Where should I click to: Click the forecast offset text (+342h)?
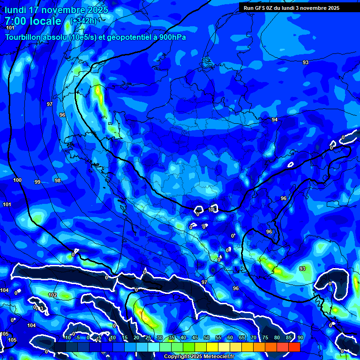(83, 21)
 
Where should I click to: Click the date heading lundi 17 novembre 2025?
(57, 10)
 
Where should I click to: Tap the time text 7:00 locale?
(33, 21)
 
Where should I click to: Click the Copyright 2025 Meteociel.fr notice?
(199, 356)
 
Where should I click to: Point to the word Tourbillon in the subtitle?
(23, 37)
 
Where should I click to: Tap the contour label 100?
(17, 180)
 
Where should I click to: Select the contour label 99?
(37, 182)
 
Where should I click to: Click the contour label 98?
(57, 180)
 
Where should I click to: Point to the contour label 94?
(275, 120)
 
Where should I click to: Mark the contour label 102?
(52, 295)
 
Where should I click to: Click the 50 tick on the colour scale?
(206, 337)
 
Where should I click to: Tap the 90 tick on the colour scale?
(300, 337)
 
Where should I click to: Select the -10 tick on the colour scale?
(67, 337)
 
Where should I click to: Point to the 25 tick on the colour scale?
(148, 337)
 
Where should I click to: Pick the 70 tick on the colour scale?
(253, 337)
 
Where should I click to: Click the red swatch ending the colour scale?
(294, 347)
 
